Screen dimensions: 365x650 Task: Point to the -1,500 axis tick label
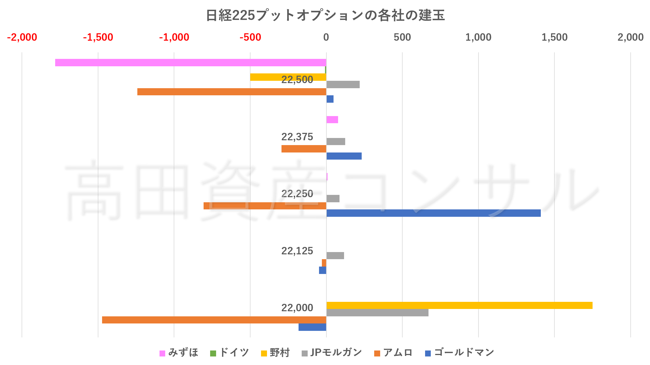tap(98, 37)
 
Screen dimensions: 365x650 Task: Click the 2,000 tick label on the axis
tap(630, 37)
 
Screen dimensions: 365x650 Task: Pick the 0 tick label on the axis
tap(326, 37)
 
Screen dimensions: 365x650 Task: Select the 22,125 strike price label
tap(297, 251)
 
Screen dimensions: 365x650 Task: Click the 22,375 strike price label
tap(297, 137)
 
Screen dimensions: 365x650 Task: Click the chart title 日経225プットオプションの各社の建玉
tap(325, 15)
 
